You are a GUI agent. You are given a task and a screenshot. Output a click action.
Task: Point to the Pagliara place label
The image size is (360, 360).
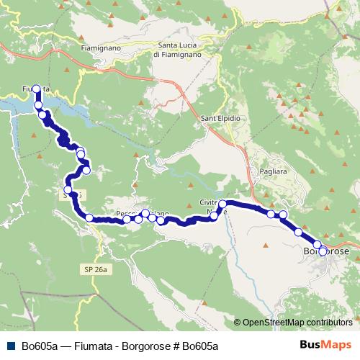(x=272, y=173)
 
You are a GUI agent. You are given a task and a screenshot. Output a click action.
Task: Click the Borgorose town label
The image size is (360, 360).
(x=326, y=251)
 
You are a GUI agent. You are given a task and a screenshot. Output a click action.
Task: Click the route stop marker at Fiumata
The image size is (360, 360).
(x=36, y=89)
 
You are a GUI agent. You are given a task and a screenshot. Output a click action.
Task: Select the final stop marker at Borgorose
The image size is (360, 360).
(x=323, y=251)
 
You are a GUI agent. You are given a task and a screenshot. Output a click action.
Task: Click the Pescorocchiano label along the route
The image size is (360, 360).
(x=142, y=214)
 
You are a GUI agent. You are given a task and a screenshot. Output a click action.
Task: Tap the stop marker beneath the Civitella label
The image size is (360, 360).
(x=222, y=204)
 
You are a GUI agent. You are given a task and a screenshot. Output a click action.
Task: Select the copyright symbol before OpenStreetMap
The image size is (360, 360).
(x=238, y=323)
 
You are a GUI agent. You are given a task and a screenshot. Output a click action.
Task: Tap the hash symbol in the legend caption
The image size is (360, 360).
(x=176, y=346)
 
